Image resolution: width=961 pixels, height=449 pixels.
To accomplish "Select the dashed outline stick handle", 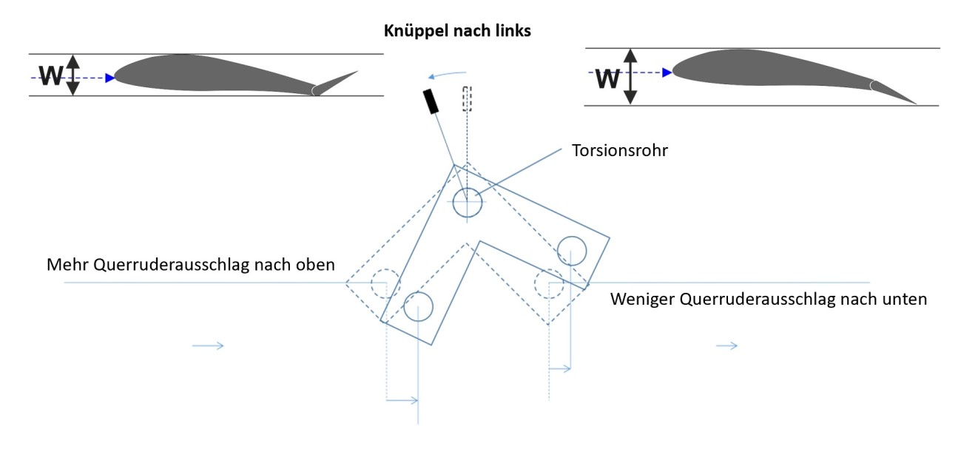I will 467,98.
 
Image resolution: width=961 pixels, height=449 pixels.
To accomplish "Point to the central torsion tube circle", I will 467,202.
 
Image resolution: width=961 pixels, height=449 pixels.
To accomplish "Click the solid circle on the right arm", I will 572,250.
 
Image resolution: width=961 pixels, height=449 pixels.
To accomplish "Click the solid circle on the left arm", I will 418,306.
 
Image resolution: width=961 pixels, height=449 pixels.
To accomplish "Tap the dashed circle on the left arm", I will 385,283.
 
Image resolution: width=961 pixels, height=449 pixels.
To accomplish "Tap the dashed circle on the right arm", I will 549,283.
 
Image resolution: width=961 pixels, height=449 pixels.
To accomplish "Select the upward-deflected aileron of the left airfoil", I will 337,81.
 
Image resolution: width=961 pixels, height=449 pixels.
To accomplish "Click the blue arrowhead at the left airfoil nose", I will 110,77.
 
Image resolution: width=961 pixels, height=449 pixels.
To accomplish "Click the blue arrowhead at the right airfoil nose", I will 667,72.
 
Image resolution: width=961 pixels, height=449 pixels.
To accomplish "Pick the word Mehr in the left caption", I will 65,265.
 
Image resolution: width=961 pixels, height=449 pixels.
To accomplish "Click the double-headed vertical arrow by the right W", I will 630,76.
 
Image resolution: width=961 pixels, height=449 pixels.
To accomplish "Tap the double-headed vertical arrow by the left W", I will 72,75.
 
